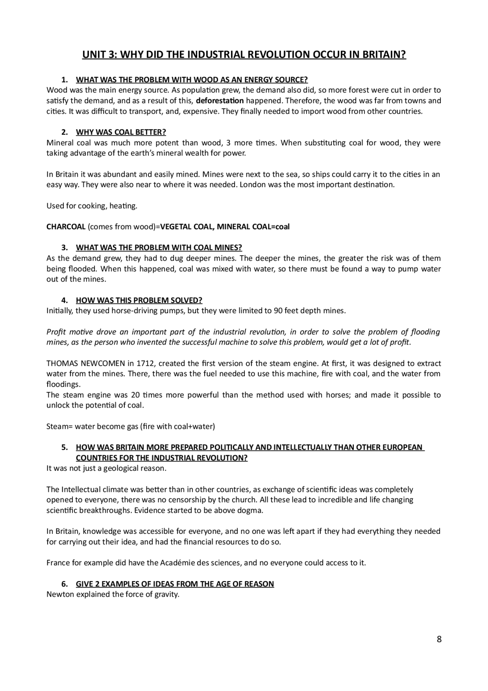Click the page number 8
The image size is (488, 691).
(439, 639)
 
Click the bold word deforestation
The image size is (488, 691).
(220, 101)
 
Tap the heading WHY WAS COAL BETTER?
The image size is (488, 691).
(121, 132)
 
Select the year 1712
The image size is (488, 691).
(144, 363)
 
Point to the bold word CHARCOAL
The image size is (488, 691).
(66, 227)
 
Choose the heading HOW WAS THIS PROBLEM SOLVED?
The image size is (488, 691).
(139, 300)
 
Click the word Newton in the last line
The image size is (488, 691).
(60, 594)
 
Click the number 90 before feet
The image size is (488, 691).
(278, 311)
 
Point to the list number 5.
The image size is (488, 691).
(64, 447)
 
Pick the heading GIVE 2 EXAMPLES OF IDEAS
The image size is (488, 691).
(175, 584)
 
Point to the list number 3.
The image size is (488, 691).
(64, 248)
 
